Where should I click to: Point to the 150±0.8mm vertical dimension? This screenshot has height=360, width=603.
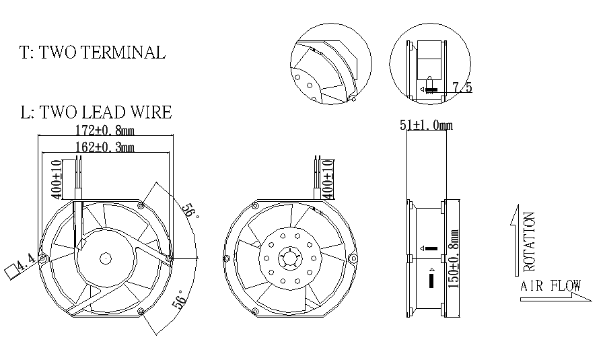click(454, 258)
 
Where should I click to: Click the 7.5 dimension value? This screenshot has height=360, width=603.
click(462, 87)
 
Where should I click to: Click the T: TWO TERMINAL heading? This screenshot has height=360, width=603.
click(93, 53)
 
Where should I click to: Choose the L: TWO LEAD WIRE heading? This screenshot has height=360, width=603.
click(96, 112)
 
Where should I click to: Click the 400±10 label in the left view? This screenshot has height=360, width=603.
click(57, 178)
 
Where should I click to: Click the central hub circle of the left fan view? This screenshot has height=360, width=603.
click(106, 258)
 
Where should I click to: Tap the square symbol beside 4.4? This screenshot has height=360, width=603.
click(11, 271)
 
